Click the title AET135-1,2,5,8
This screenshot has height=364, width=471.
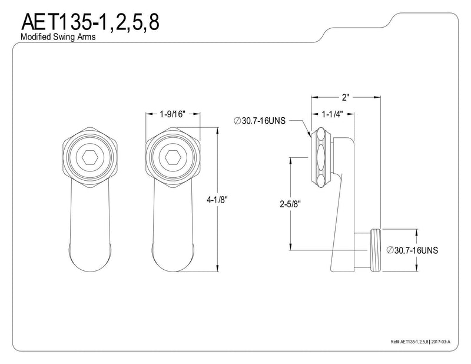click(x=90, y=22)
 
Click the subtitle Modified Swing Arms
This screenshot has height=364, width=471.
click(x=58, y=37)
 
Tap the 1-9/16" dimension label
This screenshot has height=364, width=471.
click(x=173, y=114)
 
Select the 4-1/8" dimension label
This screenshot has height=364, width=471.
click(x=217, y=200)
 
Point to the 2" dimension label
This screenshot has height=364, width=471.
click(x=346, y=97)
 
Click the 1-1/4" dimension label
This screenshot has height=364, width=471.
click(x=333, y=114)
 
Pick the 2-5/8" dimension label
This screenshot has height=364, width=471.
click(x=290, y=204)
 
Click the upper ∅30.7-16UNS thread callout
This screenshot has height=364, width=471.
click(x=260, y=121)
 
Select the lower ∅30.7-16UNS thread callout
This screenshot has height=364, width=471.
click(x=412, y=250)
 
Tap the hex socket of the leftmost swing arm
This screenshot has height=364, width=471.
click(x=90, y=157)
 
